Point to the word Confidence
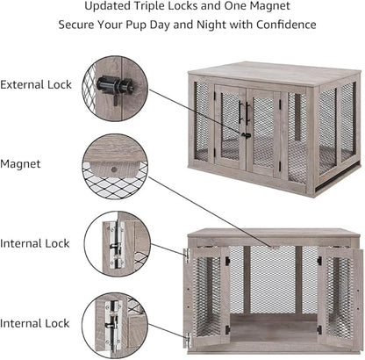[x=280, y=25]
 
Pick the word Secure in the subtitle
[x=78, y=25]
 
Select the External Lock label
[x=37, y=85]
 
